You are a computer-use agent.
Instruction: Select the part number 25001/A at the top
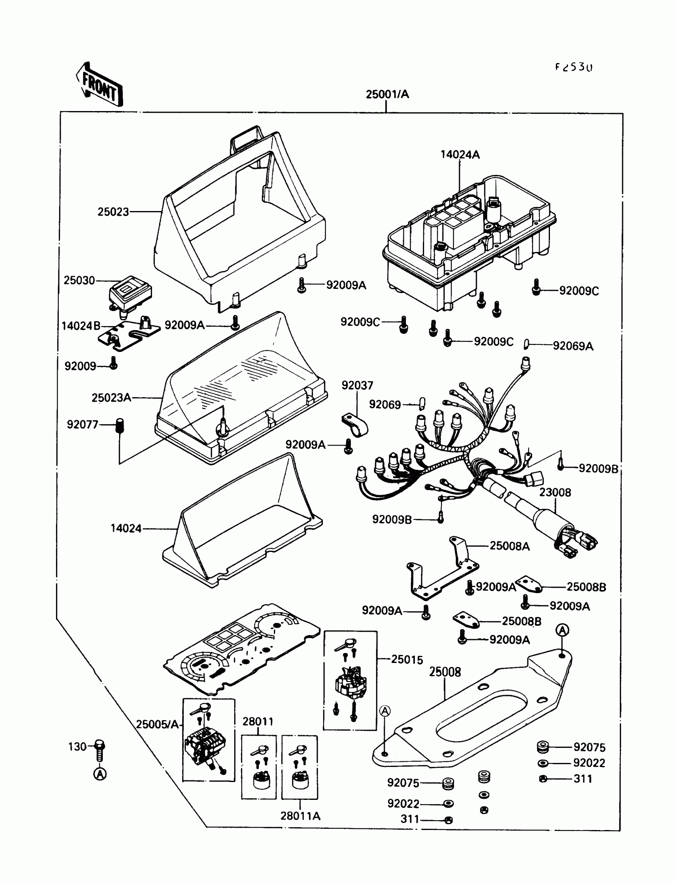387,94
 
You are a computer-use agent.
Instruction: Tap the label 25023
113,211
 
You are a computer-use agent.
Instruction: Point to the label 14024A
460,155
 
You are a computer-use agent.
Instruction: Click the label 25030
79,280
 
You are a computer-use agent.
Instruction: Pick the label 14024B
81,326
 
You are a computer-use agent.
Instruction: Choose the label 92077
82,425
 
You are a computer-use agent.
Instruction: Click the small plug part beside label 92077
120,425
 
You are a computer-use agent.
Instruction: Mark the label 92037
357,385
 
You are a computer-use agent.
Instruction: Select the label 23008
555,492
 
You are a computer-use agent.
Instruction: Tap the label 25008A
509,546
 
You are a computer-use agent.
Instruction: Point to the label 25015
407,659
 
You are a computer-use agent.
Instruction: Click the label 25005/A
157,724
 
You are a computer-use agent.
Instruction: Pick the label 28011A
300,816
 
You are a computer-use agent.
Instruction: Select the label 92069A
573,346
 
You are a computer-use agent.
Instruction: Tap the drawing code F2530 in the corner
574,67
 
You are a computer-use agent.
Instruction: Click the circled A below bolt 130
100,774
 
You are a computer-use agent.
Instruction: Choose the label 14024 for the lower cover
126,528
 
